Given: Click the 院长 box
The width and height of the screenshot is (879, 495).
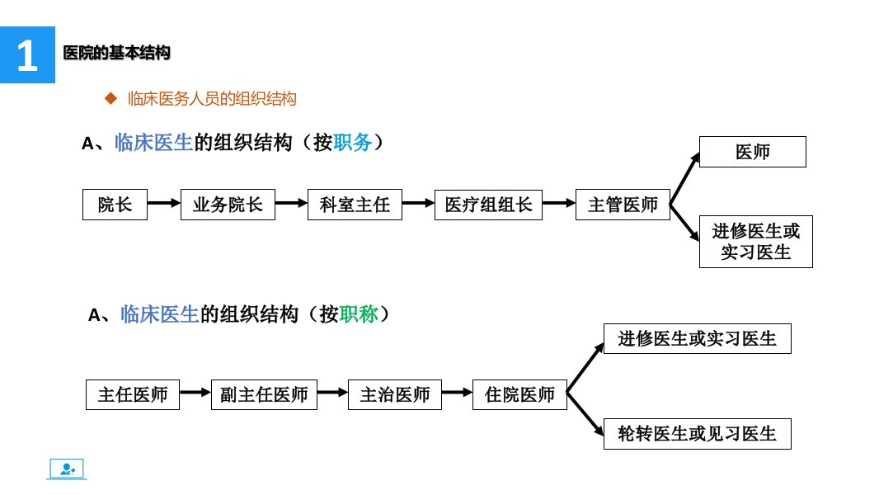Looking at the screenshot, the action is click(115, 205).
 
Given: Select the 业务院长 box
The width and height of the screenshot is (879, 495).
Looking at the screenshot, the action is click(228, 205).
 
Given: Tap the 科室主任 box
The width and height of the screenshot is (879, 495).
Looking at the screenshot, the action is click(355, 205).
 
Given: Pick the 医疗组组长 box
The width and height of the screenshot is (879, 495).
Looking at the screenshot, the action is click(488, 205).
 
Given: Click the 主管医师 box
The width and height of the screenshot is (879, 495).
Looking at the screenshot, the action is click(623, 205).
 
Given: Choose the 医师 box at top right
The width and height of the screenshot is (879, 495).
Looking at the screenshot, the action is click(753, 152).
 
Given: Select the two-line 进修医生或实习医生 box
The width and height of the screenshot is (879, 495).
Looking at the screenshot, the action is click(755, 242).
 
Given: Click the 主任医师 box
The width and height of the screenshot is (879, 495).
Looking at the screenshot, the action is click(133, 394).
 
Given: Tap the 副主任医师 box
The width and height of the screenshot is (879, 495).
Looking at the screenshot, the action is click(264, 394).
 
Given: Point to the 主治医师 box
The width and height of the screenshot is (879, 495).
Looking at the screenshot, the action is click(395, 394).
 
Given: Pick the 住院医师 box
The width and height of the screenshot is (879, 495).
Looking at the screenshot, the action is click(519, 394).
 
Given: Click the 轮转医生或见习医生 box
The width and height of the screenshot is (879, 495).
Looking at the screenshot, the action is click(698, 434).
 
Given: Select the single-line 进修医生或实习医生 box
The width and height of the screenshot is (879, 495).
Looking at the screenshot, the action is click(698, 338).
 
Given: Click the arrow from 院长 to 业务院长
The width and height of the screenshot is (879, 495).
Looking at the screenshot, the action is click(164, 203).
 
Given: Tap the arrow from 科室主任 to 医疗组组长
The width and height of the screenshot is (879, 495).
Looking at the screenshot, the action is click(418, 203).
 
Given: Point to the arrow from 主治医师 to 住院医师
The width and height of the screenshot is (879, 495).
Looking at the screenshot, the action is click(457, 393).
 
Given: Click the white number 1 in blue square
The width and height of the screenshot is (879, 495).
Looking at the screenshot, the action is click(27, 55).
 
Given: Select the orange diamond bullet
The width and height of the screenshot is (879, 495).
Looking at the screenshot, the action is click(111, 99).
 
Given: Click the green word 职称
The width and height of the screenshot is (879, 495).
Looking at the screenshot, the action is click(359, 314).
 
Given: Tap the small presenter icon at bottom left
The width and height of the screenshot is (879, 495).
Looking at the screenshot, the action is click(67, 469).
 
